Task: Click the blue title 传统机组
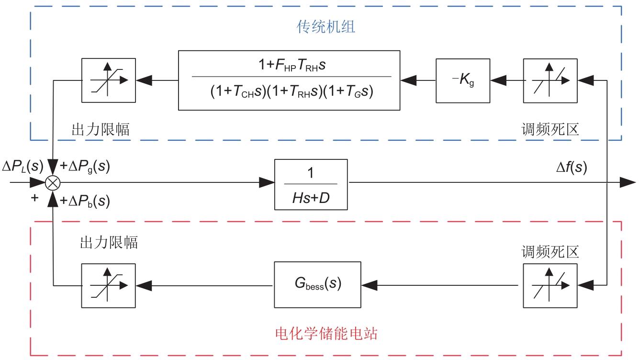[x=326, y=27]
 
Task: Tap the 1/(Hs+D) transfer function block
[x=311, y=184]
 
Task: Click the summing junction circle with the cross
[x=52, y=182]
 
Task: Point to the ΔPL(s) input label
[x=22, y=167]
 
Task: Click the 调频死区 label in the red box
[x=550, y=252]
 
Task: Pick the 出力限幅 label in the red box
[x=109, y=242]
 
